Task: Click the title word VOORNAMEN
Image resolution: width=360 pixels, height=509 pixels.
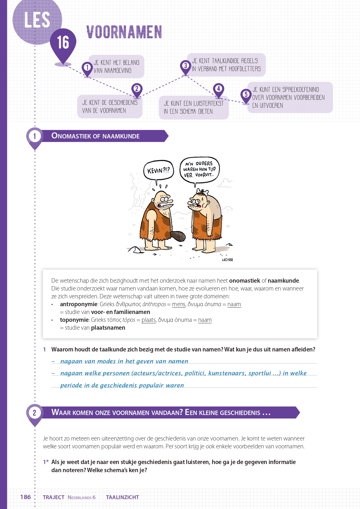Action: point(124,32)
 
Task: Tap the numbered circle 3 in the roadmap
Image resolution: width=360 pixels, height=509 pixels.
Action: point(185,66)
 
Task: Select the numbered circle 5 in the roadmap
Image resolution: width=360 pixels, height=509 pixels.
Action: point(246,94)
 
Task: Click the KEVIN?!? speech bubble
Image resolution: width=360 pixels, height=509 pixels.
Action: point(158,170)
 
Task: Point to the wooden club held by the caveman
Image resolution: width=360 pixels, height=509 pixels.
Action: point(178,236)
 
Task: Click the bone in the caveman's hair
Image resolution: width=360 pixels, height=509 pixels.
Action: point(203,192)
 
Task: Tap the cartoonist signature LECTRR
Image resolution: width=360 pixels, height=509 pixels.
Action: point(227,260)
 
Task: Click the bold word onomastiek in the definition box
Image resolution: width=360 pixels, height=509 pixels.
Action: point(245,281)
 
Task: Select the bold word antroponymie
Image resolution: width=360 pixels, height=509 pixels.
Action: point(79,304)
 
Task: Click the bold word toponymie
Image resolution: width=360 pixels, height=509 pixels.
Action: point(74,320)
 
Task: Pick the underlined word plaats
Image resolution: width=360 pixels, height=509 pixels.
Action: point(149,320)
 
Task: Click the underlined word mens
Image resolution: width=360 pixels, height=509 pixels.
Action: point(178,304)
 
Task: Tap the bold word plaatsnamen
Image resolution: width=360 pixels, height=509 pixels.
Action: point(108,328)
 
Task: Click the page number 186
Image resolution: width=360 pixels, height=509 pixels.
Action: point(26,497)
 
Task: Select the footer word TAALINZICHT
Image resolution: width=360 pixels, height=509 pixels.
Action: point(122,497)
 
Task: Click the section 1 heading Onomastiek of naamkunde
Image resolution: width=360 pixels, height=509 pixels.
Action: point(95,136)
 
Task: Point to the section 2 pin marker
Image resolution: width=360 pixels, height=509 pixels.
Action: point(35,413)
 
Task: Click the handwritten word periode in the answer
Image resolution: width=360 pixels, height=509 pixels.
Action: point(71,385)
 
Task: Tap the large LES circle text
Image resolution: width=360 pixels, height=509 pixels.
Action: point(37,20)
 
